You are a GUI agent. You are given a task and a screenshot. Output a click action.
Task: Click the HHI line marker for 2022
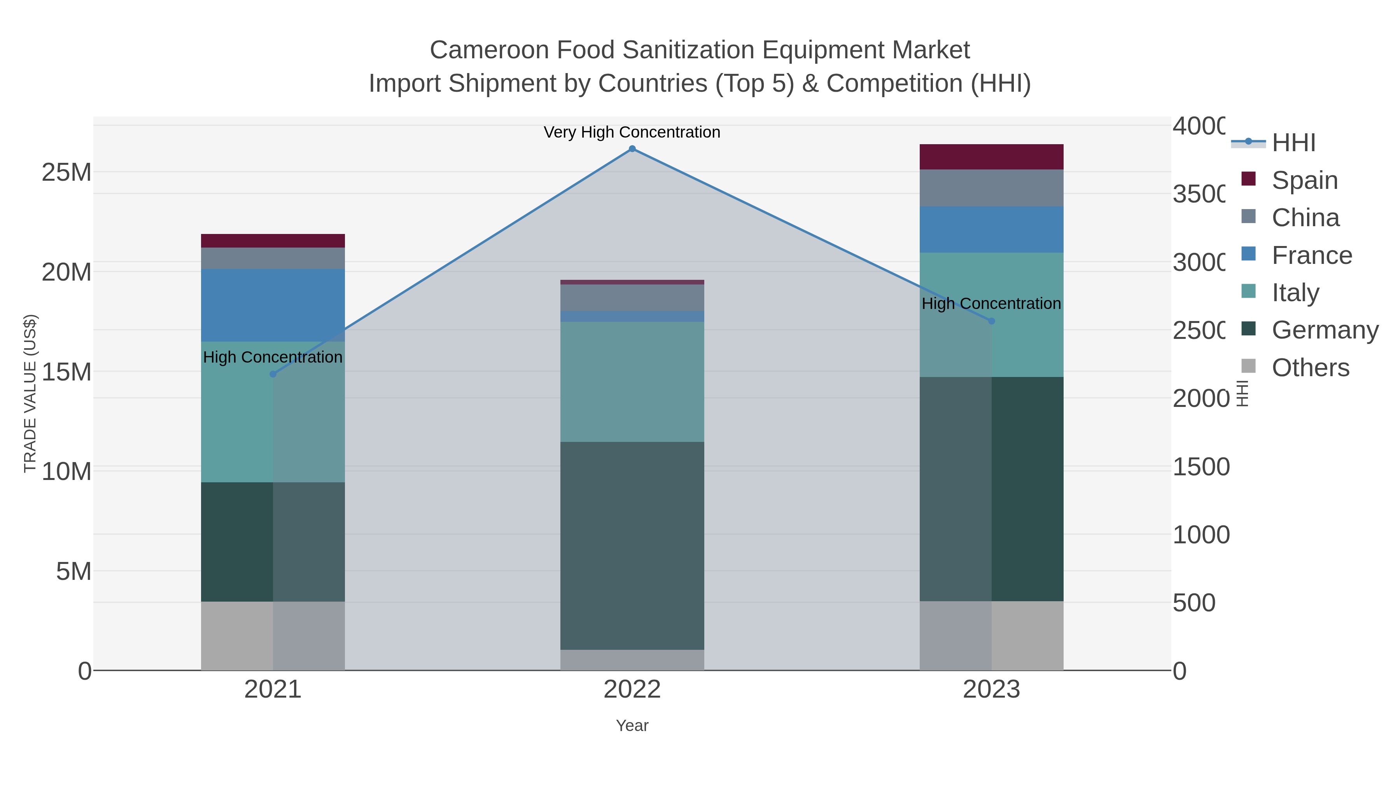point(632,149)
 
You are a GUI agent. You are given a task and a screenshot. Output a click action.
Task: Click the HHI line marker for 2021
point(273,374)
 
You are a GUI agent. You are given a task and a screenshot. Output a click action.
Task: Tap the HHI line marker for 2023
point(991,321)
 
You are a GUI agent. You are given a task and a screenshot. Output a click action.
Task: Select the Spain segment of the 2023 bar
point(991,157)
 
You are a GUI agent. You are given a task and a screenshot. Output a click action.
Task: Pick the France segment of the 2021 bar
point(273,305)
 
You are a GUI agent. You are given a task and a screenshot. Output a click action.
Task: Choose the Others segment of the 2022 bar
point(632,660)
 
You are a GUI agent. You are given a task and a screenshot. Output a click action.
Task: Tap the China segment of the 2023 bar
point(991,188)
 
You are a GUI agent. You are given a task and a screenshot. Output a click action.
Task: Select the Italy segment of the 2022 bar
point(632,381)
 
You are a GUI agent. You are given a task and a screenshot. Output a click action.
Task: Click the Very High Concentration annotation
point(632,132)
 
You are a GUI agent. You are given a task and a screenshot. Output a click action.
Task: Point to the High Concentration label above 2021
point(273,358)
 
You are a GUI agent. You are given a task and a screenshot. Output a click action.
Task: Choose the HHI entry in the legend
point(1293,143)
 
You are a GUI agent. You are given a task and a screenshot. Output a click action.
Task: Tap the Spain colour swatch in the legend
point(1249,179)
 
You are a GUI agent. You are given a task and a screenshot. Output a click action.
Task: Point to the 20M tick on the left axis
point(66,272)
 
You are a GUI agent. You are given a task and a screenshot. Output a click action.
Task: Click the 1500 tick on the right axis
point(1201,466)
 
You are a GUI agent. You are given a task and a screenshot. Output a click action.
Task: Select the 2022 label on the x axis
point(632,690)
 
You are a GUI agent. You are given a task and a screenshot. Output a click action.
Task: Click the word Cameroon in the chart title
point(489,50)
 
